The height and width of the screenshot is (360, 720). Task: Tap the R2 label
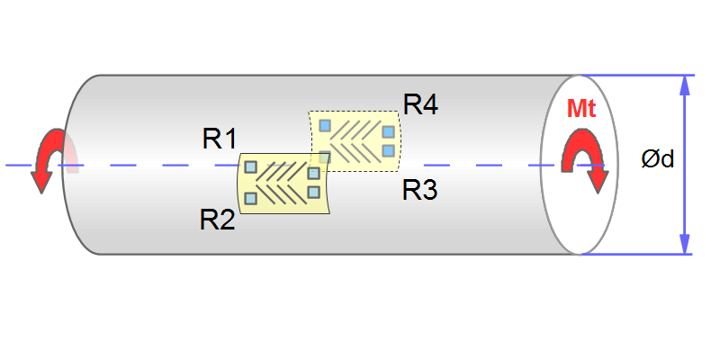click(x=217, y=219)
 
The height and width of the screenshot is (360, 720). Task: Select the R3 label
click(x=419, y=190)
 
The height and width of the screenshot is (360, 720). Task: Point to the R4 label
click(x=420, y=104)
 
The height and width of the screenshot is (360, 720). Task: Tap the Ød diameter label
click(x=657, y=160)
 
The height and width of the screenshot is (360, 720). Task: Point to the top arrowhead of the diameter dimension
click(x=685, y=85)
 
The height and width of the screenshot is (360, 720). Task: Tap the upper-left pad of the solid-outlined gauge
click(x=251, y=166)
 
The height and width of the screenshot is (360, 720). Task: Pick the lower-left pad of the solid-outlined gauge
click(x=251, y=197)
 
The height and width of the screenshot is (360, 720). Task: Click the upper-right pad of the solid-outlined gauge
click(x=313, y=173)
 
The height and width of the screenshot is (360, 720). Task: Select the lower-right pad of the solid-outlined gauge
click(x=313, y=192)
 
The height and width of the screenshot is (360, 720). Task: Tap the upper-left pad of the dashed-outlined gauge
click(x=326, y=125)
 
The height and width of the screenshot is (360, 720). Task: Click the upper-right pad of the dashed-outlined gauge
click(x=388, y=132)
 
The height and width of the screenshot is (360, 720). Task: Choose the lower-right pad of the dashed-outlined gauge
click(x=388, y=150)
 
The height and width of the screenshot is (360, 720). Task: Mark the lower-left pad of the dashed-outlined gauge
click(x=324, y=157)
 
